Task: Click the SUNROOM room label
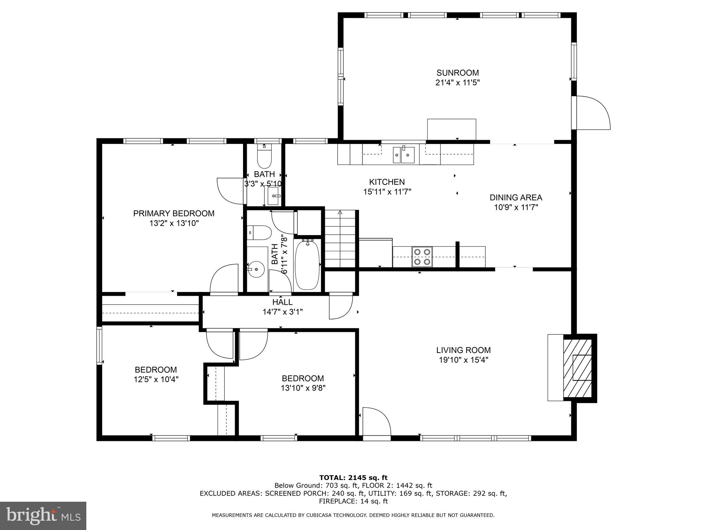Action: (x=457, y=73)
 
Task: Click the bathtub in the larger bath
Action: (x=307, y=265)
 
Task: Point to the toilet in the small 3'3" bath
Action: (x=265, y=157)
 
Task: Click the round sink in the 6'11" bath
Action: (x=256, y=269)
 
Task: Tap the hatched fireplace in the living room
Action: (x=578, y=368)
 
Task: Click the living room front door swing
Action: (x=376, y=422)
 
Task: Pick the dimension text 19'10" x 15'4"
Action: (x=463, y=360)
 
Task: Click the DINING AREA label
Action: (x=516, y=197)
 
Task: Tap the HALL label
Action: (x=282, y=302)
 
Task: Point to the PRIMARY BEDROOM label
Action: (x=174, y=213)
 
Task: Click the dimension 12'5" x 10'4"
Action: (x=156, y=380)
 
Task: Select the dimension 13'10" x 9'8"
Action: (x=303, y=388)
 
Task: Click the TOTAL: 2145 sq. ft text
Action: (x=353, y=478)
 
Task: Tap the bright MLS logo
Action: (x=43, y=516)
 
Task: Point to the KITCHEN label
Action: (x=387, y=182)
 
